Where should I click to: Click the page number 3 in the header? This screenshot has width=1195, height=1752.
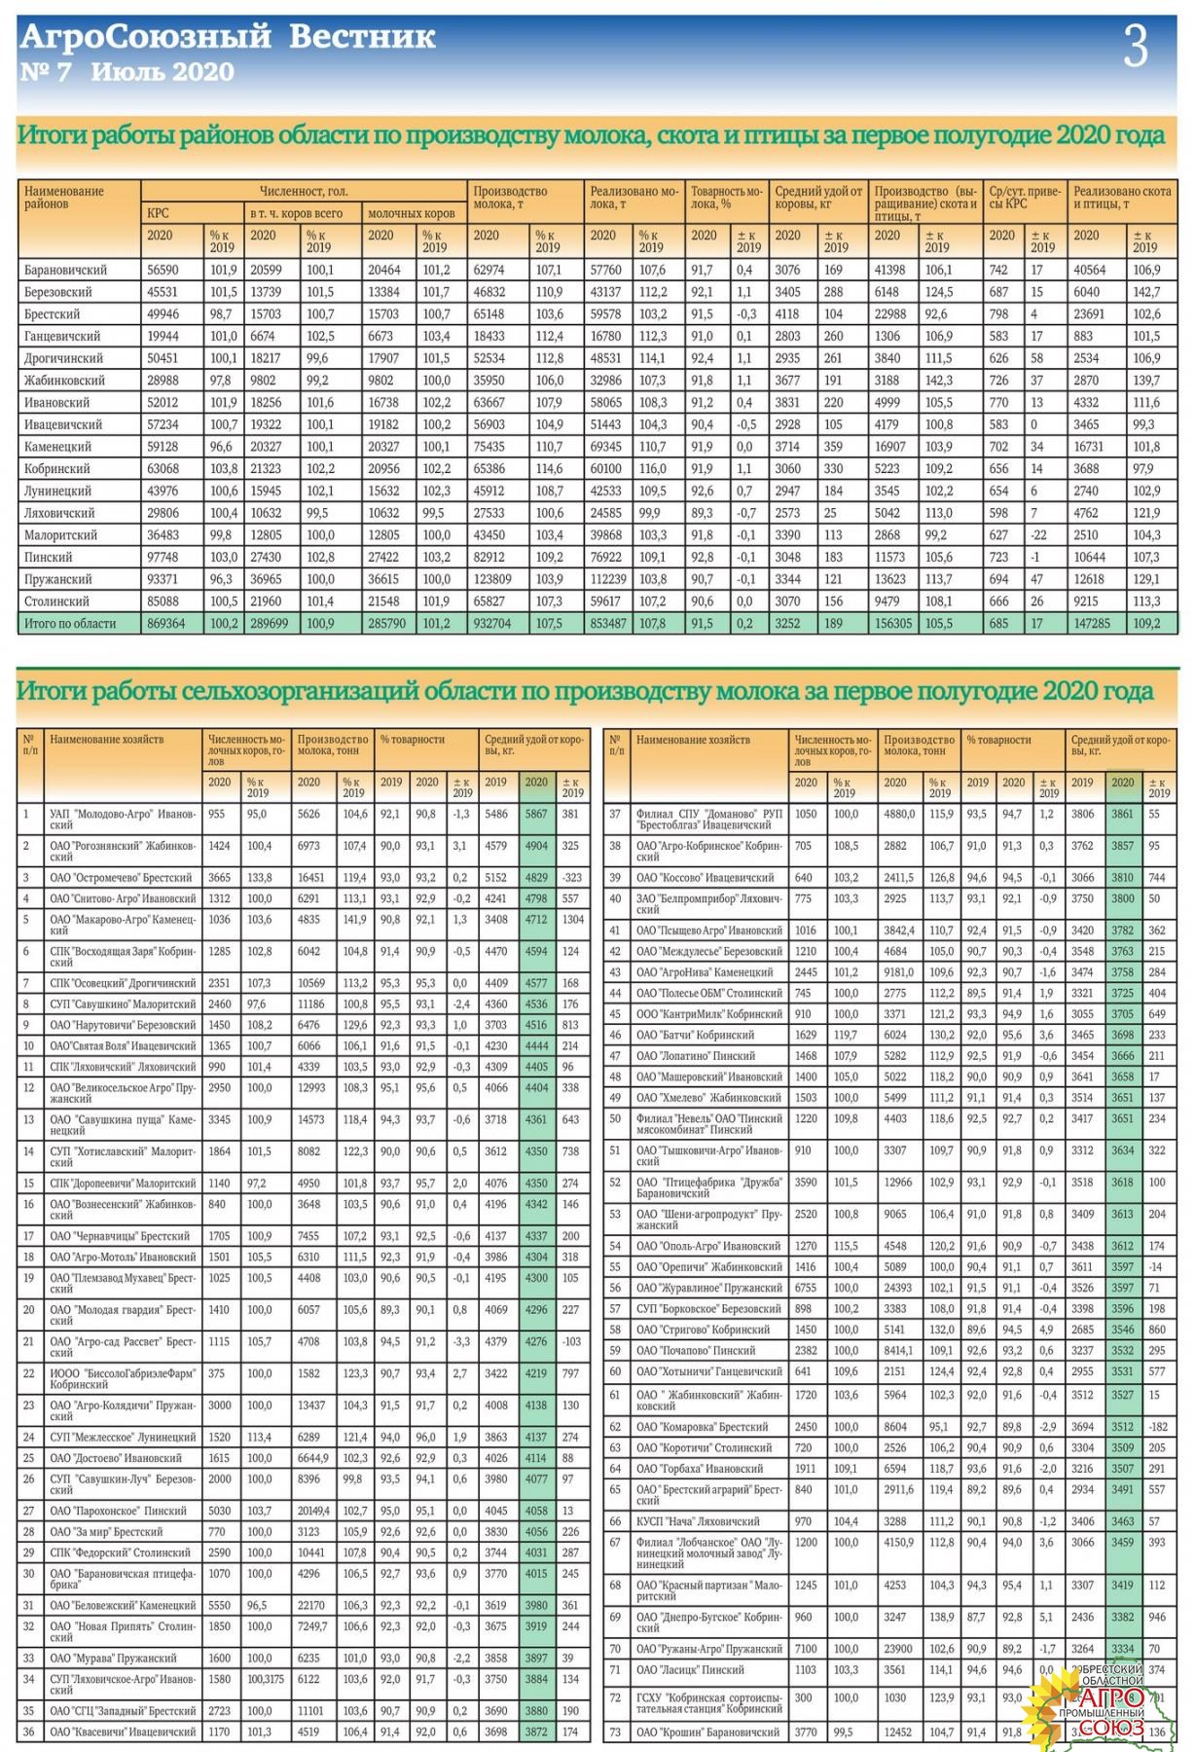1135,48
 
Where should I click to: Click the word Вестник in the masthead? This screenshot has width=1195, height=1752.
362,37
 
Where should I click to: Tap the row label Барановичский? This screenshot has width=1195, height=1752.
66,270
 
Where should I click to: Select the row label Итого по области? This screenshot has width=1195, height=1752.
70,623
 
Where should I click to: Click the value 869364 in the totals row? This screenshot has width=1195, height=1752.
166,623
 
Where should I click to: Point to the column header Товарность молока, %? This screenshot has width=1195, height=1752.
726,198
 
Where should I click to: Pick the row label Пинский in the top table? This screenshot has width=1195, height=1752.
49,557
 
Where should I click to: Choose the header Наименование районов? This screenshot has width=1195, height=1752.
64,198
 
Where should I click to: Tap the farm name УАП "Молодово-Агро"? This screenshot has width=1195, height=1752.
123,819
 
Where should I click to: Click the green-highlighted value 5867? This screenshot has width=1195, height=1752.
536,814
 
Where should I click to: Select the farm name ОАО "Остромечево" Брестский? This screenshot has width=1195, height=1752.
122,878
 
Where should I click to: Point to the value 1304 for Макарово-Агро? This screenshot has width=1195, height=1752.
572,919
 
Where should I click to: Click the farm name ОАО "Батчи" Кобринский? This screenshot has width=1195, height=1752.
695,1035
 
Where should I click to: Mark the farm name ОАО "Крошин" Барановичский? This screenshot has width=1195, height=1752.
707,1732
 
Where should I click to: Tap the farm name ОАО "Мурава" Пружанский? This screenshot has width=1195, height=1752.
114,1658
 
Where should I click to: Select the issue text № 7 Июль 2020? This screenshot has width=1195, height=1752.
127,72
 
